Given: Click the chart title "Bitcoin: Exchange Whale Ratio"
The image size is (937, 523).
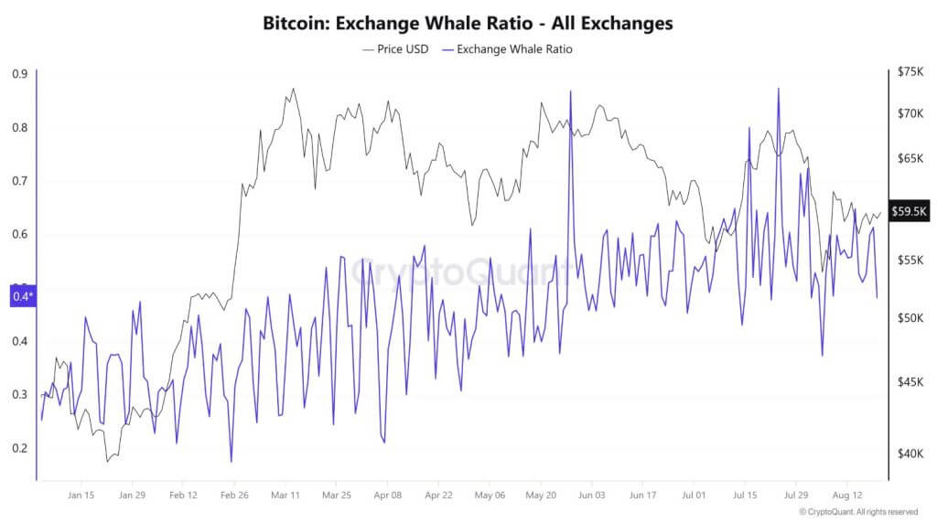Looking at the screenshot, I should pos(468,24).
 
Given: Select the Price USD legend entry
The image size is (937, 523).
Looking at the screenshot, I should pos(396,49).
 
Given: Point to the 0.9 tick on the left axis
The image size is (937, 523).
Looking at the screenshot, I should pos(19,75).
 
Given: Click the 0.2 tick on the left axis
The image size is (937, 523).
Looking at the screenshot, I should pos(19,448).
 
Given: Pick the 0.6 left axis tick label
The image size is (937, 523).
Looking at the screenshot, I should pos(19,234).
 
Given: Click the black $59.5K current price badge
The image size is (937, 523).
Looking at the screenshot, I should pos(910,211).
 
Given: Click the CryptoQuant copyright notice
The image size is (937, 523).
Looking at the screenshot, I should pos(859,512).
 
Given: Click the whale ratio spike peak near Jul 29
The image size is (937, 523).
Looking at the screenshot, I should pos(778,89).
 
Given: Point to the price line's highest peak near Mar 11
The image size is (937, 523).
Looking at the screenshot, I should pos(293,89).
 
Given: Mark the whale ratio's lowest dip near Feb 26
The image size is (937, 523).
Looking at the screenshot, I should pos(231,462).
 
